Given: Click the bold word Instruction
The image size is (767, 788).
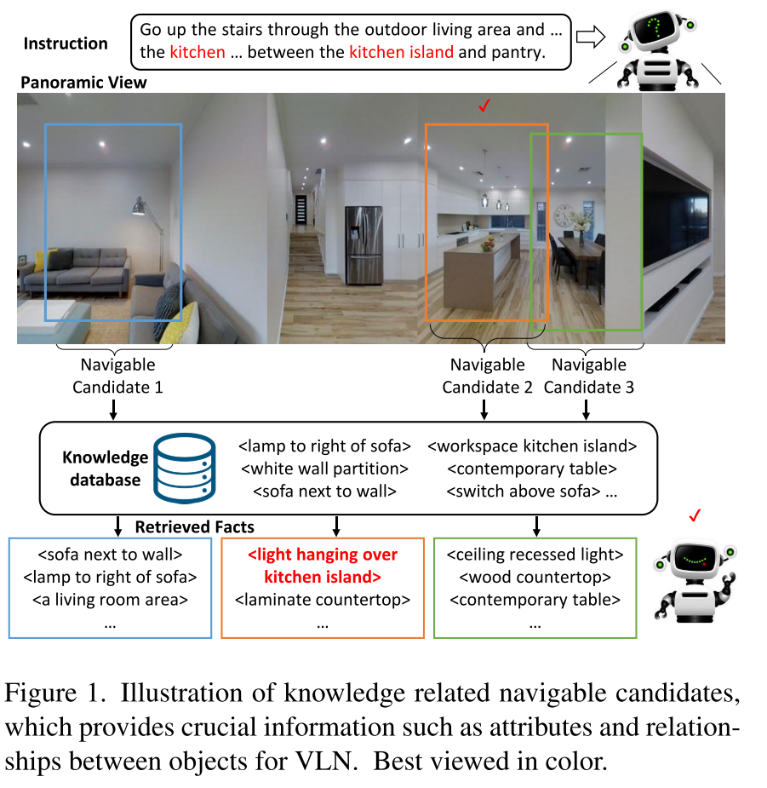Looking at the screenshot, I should click(66, 43).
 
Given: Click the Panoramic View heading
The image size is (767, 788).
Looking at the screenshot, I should click(83, 83).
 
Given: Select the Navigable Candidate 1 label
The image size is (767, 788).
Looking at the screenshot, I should click(117, 376).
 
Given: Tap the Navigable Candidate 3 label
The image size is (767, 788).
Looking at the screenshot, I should click(588, 376).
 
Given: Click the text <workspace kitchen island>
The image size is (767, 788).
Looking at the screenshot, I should click(532, 446).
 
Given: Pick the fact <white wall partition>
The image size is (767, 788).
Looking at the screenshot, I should click(324, 469).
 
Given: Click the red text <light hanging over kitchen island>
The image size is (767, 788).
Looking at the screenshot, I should click(323, 566).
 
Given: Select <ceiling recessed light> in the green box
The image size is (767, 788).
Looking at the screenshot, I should click(535, 555).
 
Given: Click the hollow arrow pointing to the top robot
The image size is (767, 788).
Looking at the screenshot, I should click(588, 36).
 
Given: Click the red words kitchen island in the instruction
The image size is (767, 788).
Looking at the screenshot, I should click(401, 52).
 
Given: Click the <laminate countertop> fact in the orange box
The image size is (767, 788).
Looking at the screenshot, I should click(323, 599).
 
